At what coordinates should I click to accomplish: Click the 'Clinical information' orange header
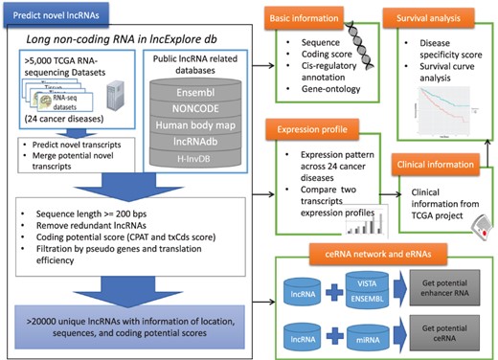pos(440,163)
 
